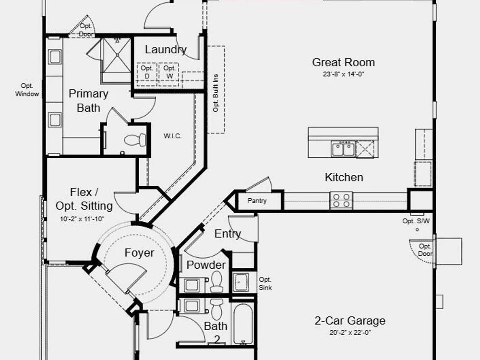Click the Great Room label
pyautogui.click(x=344, y=62)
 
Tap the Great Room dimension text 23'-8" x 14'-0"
pyautogui.click(x=344, y=74)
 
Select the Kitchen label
pyautogui.click(x=344, y=177)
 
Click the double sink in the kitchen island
pyautogui.click(x=343, y=149)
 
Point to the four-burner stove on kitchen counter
pyautogui.click(x=341, y=201)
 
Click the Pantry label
pyautogui.click(x=257, y=201)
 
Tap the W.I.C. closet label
pyautogui.click(x=173, y=136)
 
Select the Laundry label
pyautogui.click(x=166, y=49)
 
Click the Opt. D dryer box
pyautogui.click(x=147, y=74)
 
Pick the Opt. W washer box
pyautogui.click(x=169, y=74)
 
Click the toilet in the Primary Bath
pyautogui.click(x=135, y=140)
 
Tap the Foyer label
pyautogui.click(x=139, y=253)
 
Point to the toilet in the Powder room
pyautogui.click(x=216, y=282)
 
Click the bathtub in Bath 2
pyautogui.click(x=243, y=324)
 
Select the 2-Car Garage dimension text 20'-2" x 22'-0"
pyautogui.click(x=350, y=333)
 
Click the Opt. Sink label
pyautogui.click(x=265, y=284)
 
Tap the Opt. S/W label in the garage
pyautogui.click(x=416, y=221)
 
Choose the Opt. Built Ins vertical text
pyautogui.click(x=216, y=93)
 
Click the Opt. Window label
pyautogui.click(x=27, y=90)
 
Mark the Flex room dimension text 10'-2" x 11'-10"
pyautogui.click(x=82, y=219)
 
